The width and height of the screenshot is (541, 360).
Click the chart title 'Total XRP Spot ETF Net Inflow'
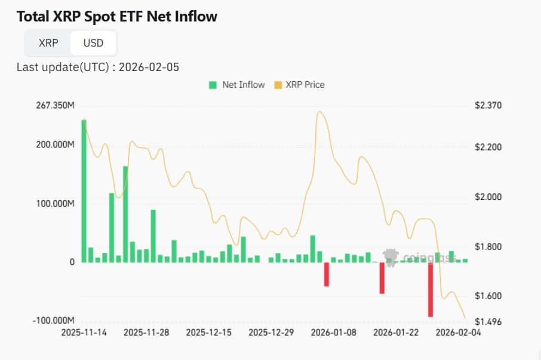coord(117,17)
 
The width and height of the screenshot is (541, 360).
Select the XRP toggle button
coord(48,43)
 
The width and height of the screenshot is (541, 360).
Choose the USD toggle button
coord(93,43)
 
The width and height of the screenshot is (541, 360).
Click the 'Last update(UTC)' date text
coord(98,66)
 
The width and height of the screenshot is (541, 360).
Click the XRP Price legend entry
coord(299,85)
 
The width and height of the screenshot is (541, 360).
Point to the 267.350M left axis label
coord(55,106)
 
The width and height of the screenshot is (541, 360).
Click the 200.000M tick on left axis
coord(55,145)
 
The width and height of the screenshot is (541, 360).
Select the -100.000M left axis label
coord(54,321)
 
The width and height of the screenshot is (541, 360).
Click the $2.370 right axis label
coord(488,106)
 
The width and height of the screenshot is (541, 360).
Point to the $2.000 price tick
coord(488,197)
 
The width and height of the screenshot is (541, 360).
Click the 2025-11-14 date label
coord(84,333)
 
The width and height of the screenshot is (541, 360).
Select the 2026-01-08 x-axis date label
coord(334,333)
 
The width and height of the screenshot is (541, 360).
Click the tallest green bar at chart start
coord(84,190)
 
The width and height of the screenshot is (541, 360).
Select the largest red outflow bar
coord(430,290)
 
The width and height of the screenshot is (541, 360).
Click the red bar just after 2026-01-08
coord(327,274)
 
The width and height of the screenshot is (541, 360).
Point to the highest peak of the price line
coord(320,112)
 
